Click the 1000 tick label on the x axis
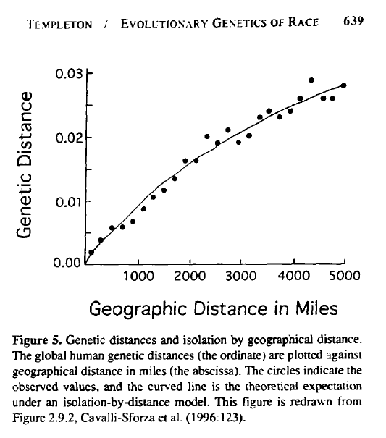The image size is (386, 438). point(138,277)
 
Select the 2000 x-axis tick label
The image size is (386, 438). point(190,277)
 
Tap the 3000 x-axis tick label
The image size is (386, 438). point(241,277)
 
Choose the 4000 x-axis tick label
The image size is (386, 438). point(293,277)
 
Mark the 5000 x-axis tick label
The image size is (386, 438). point(344,277)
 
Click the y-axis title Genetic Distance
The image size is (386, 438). point(25,165)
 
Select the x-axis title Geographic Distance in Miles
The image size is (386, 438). point(213,310)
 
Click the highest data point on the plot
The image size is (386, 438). point(311,80)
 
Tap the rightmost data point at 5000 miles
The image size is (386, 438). point(343,85)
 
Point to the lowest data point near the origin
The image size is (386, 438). point(91,252)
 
